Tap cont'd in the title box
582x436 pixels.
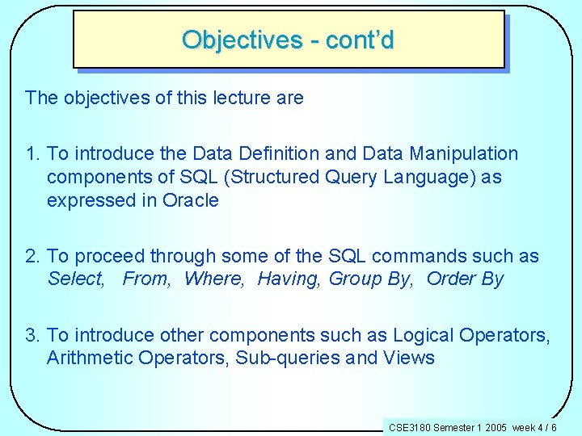tap(360, 40)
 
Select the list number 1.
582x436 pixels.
tap(32, 153)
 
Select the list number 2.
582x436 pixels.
tap(32, 257)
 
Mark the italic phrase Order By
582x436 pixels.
tap(465, 279)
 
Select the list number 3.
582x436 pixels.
tap(32, 335)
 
